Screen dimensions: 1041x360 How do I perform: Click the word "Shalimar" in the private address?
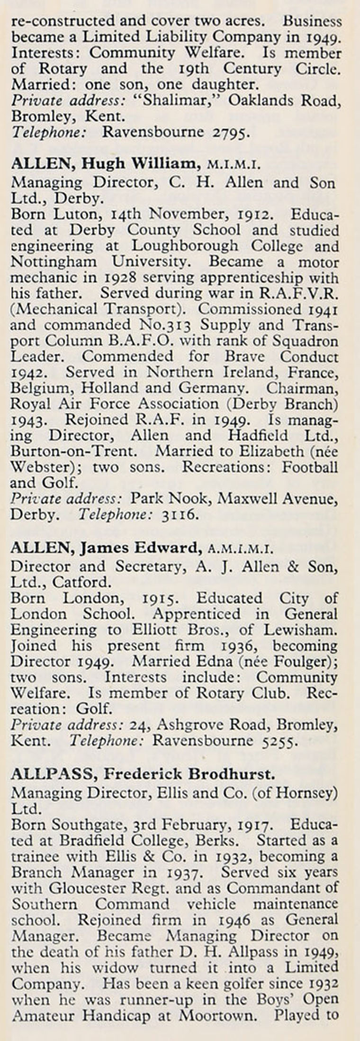click(x=174, y=100)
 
